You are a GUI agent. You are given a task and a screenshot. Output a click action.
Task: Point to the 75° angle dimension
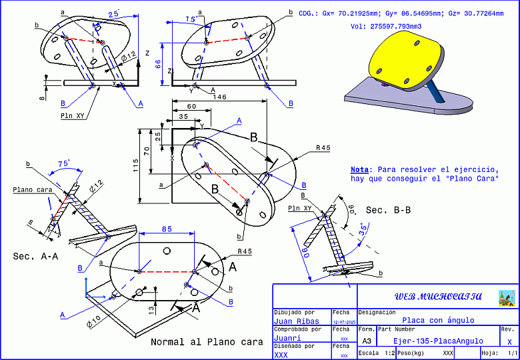point(65,163)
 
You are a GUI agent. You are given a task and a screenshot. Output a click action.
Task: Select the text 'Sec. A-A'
point(34,256)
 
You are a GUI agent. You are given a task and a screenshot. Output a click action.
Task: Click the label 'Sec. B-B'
point(388,210)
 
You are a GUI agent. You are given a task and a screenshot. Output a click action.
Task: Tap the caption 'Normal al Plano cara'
point(207,342)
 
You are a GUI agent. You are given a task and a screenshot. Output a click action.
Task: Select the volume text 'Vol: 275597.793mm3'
point(386,26)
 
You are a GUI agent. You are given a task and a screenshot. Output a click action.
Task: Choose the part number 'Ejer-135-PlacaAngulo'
point(437,341)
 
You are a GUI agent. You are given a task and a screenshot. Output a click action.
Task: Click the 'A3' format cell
point(366,340)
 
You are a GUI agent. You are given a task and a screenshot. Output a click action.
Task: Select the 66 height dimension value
point(158,63)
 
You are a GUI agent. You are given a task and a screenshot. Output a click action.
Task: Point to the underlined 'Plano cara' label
point(32,190)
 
